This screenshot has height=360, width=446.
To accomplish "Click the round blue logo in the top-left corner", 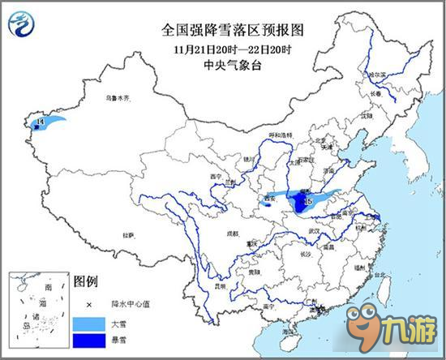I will [21, 24].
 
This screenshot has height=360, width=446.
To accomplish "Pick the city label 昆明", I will [218, 285].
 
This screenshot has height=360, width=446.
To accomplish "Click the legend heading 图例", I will [86, 283].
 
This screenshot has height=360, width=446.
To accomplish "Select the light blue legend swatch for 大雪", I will [84, 322].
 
